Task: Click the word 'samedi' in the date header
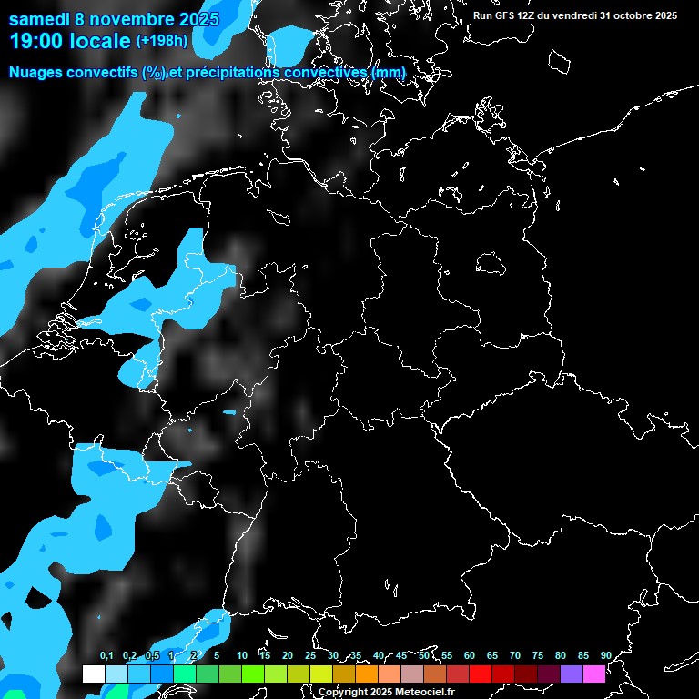(x=40, y=19)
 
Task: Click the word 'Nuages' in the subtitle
(x=39, y=72)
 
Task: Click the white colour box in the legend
(x=93, y=674)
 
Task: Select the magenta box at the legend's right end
(x=593, y=674)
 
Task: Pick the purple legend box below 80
(x=571, y=674)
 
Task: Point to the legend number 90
(x=605, y=656)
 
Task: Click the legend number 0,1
(x=106, y=656)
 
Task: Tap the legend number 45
(x=400, y=656)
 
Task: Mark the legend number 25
(x=310, y=656)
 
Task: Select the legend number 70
(x=514, y=656)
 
